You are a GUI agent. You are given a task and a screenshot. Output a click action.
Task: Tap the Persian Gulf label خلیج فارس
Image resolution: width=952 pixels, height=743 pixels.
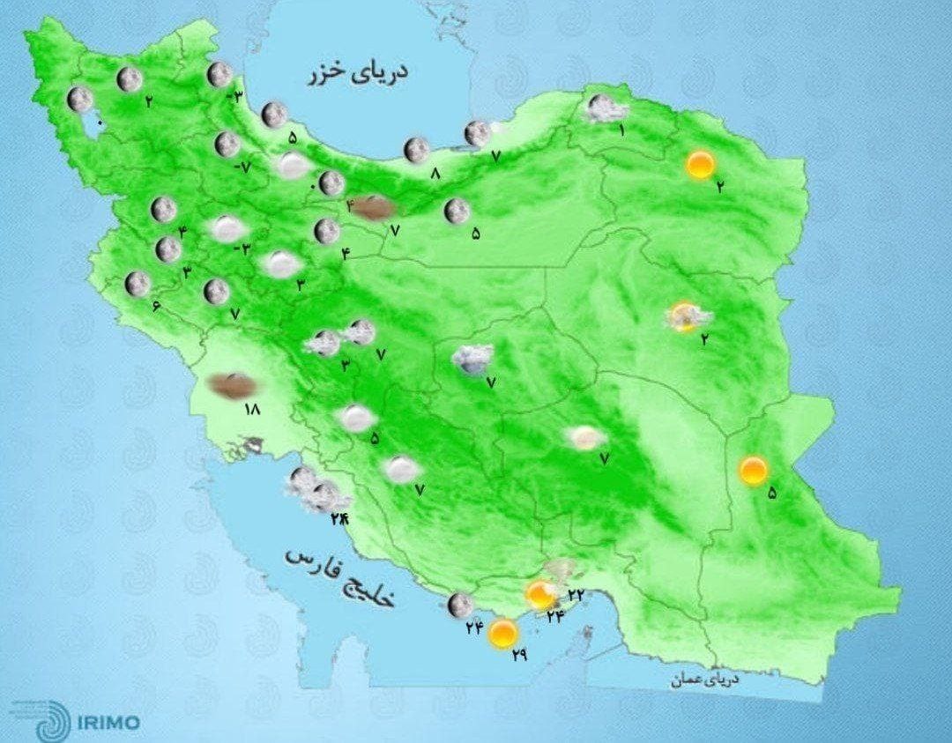pos(340,578)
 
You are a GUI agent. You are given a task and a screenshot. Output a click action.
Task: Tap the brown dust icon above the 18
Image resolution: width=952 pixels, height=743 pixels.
pos(233,385)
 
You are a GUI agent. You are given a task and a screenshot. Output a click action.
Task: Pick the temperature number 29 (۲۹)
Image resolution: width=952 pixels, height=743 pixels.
pos(519,655)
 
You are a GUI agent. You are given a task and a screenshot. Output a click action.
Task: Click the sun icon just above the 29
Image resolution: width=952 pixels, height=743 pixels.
pos(502,633)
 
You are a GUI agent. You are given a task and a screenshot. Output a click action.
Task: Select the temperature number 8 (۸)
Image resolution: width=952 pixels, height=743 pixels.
pos(435,175)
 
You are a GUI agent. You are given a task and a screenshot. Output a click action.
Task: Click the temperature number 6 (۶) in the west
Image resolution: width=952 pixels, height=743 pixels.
pos(155,306)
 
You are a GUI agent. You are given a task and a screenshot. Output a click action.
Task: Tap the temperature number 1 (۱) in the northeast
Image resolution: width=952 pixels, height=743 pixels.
pos(621,131)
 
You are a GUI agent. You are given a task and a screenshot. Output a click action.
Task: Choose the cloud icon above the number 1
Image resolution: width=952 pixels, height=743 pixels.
pos(606,109)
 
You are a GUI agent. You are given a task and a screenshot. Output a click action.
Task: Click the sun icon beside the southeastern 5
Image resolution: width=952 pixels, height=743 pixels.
pos(753,471)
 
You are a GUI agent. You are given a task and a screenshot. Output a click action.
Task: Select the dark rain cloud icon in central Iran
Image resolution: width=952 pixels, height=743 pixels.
pos(472,358)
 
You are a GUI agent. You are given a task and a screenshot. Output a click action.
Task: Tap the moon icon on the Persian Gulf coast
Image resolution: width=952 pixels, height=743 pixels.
pos(458,605)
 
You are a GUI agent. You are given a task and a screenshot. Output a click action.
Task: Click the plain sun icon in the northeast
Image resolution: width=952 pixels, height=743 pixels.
pos(700,165)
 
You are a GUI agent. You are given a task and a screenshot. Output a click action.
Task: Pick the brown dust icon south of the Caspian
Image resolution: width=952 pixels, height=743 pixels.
pos(376,208)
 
